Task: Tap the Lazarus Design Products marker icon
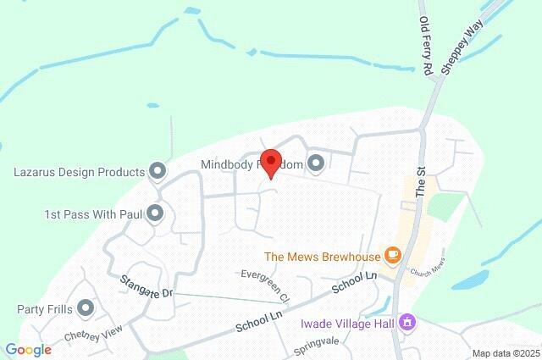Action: coord(157,172)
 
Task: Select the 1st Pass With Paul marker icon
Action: coord(154,214)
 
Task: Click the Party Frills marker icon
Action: coord(86,307)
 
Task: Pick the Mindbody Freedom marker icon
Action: coord(316,163)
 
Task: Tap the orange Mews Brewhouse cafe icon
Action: coord(391,255)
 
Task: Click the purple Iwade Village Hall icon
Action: coord(408,322)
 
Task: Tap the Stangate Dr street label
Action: coord(146,286)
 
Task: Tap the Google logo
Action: coord(28,350)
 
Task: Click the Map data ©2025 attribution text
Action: coord(506,353)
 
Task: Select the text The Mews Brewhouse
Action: coord(321,256)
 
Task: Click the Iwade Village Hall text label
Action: coord(348,323)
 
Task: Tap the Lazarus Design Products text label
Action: coord(80,172)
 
